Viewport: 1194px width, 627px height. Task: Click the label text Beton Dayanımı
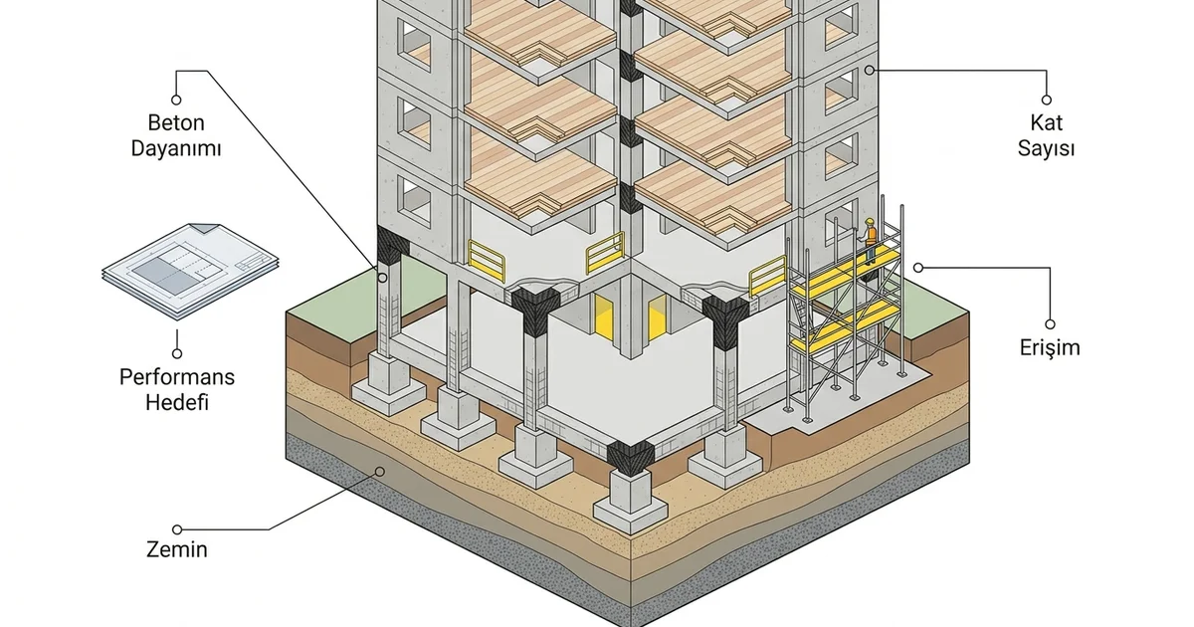coord(176,135)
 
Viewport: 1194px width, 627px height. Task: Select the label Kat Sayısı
coord(1046,135)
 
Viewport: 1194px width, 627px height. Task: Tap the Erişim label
coord(1050,347)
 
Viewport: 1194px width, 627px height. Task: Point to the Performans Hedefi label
coord(177,390)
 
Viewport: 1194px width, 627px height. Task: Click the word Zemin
coord(177,549)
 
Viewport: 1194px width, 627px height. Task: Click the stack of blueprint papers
coord(190,271)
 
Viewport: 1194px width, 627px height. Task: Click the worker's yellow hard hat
coord(870,221)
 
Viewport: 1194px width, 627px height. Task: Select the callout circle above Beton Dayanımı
coord(176,100)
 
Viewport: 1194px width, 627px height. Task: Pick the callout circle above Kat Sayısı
coord(1047,100)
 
